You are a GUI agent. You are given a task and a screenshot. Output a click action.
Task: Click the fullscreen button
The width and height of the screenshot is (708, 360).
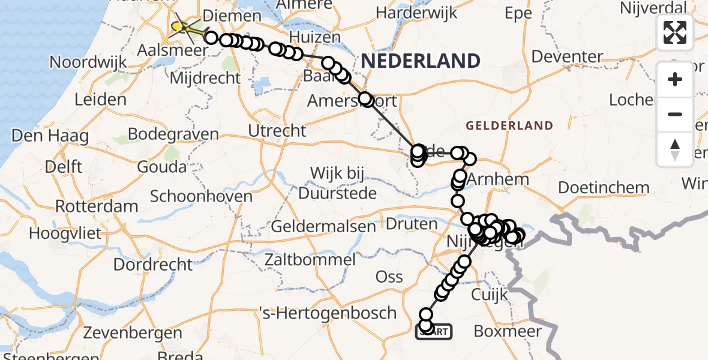(x=675, y=32)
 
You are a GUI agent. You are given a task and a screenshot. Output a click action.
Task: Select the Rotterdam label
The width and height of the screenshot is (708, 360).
(x=97, y=206)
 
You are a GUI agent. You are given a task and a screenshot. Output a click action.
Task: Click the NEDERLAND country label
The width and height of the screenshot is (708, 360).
(x=421, y=61)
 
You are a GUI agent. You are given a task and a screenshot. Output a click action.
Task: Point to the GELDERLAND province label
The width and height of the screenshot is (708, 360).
(x=509, y=125)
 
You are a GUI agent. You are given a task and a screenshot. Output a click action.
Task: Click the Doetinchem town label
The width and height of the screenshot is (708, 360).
(x=604, y=187)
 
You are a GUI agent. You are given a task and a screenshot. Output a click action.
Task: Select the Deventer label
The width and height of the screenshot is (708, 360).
(x=567, y=57)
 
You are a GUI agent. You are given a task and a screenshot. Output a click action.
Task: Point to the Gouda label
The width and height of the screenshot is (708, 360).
(x=162, y=166)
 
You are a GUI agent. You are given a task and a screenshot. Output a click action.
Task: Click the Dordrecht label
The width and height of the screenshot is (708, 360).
(x=153, y=264)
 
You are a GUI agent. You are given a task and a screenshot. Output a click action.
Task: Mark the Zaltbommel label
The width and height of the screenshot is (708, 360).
(x=312, y=260)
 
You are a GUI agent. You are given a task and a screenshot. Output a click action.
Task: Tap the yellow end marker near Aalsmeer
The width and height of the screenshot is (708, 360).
(x=178, y=26)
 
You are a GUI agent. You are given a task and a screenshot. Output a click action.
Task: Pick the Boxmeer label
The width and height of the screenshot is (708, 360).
(x=508, y=331)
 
